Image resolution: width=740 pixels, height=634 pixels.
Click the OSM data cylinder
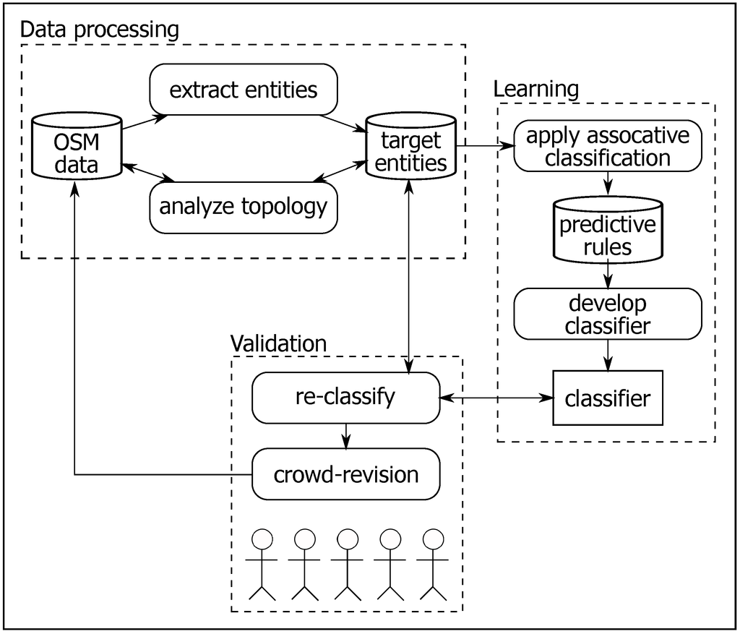[76, 147]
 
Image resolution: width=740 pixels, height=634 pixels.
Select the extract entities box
[243, 90]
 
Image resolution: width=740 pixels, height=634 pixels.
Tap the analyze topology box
[243, 207]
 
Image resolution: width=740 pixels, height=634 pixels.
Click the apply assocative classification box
[608, 147]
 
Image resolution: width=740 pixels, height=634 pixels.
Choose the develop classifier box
[607, 314]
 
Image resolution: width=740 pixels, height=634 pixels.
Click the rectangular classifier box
[607, 398]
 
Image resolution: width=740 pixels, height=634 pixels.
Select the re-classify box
[345, 397]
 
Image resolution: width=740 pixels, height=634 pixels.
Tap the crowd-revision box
[345, 474]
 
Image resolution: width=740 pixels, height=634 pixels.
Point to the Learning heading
[535, 89]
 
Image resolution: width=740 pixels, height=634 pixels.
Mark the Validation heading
[278, 342]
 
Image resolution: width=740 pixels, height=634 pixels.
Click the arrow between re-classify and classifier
[496, 398]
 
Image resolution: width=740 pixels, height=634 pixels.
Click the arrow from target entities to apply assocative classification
[485, 147]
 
